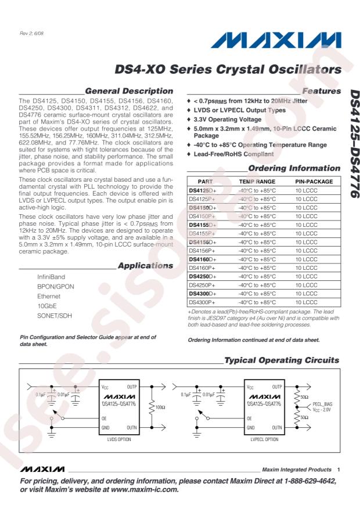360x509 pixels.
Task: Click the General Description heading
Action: click(128, 91)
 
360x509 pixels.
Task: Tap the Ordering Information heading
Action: click(294, 168)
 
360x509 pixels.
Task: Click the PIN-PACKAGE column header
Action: click(314, 182)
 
